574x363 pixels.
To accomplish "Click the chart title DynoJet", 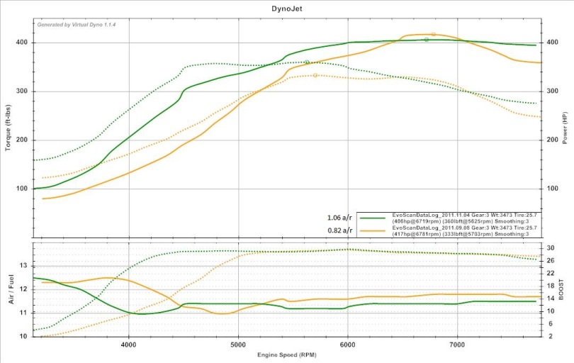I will pos(288,9).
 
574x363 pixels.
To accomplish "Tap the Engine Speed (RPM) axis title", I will pos(288,354).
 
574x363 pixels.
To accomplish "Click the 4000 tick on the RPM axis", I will pos(128,345).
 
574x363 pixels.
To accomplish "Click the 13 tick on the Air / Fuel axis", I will pos(23,265).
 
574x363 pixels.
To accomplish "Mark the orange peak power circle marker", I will pos(433,34).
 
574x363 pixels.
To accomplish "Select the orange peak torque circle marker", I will pos(315,75).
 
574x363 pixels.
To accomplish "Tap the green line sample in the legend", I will pos(373,218).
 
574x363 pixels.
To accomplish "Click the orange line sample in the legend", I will pos(373,230).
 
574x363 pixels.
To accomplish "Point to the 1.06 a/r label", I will pos(339,218).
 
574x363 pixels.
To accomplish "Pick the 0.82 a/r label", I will pos(339,230).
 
